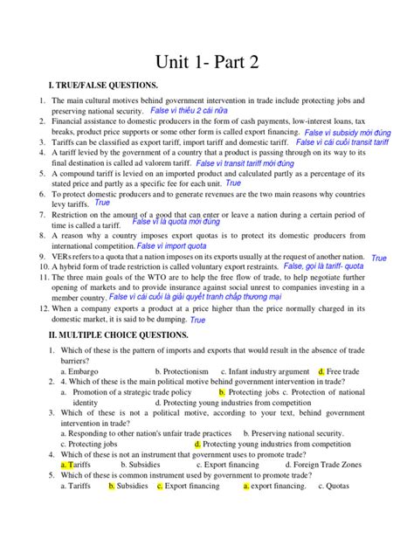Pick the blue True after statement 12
(x=197, y=320)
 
